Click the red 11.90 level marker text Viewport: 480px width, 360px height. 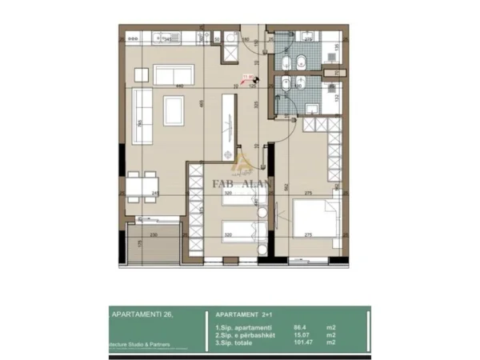pos(247,78)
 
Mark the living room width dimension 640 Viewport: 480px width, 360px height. pos(181,86)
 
